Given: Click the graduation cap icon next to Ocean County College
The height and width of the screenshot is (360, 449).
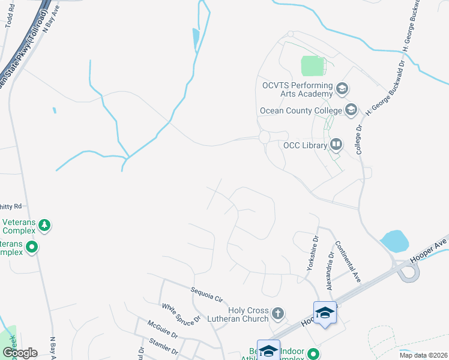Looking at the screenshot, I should coord(351,110).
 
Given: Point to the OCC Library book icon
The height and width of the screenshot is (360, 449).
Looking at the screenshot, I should coord(336,145).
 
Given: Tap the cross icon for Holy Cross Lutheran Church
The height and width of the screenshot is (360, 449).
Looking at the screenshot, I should coord(277,313).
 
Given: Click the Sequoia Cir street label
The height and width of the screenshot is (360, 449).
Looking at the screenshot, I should coord(206,293).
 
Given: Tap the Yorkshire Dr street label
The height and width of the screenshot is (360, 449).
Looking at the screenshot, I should coord(312,253).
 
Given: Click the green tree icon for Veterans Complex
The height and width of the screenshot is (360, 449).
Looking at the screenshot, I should coord(44,226).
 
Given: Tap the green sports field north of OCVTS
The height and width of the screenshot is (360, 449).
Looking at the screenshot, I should coord(313,66).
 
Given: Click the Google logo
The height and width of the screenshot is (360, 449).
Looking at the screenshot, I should coord(19,353).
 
